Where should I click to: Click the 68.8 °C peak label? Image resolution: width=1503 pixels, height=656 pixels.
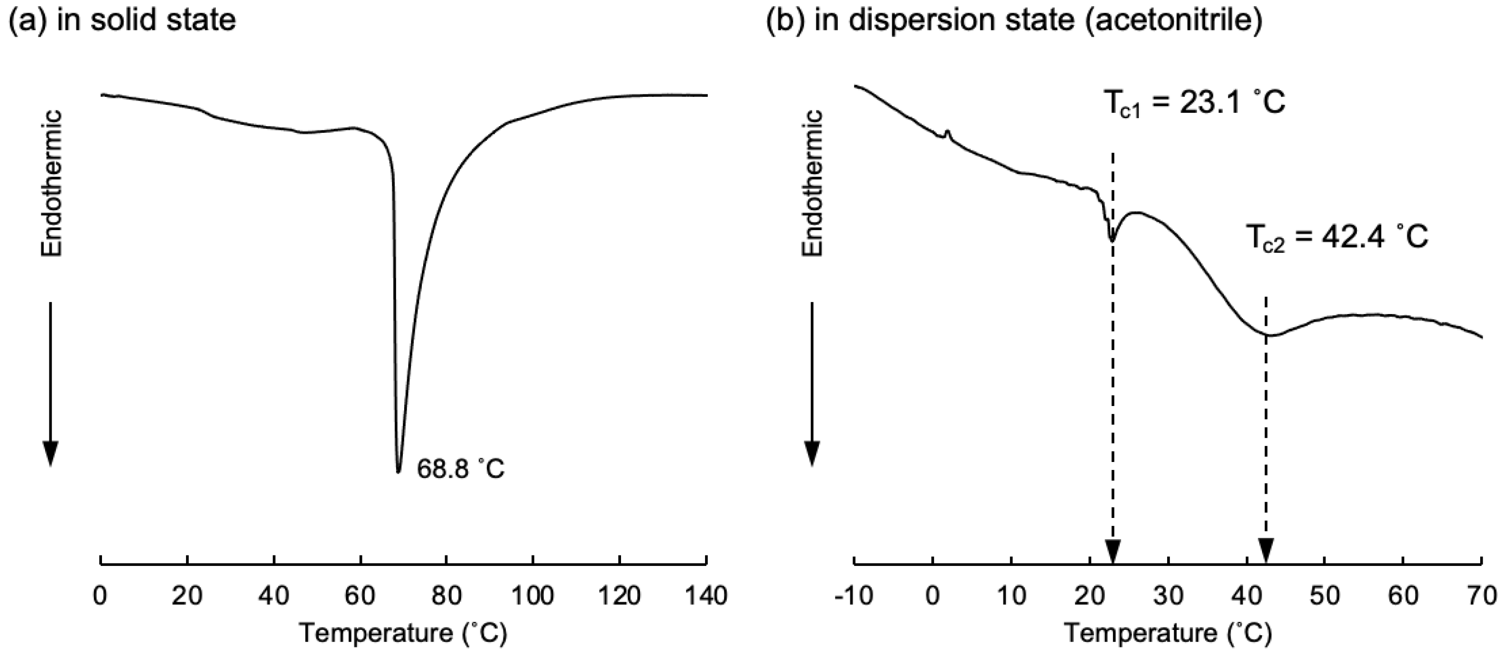click(x=460, y=468)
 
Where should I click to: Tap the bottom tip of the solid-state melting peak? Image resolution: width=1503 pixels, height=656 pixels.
click(x=399, y=471)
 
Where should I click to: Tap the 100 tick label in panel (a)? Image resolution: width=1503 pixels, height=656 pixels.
click(x=533, y=596)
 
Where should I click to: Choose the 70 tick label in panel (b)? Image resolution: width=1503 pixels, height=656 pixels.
click(x=1482, y=596)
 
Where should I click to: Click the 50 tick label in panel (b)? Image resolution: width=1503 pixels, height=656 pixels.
click(x=1325, y=596)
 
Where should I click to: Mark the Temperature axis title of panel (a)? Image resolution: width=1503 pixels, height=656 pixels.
click(x=403, y=633)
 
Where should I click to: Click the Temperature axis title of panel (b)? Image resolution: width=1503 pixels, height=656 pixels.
click(x=1168, y=633)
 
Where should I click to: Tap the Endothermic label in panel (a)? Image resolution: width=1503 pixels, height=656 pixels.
click(x=51, y=184)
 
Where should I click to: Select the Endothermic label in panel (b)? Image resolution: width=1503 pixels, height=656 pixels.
click(x=812, y=184)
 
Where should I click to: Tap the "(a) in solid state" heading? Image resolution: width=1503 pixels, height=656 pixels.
click(x=122, y=20)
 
